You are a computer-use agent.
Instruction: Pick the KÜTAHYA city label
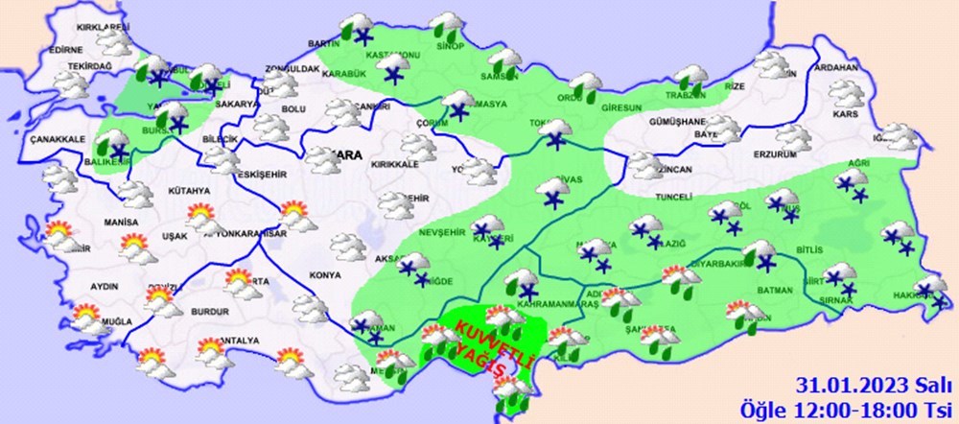(188, 191)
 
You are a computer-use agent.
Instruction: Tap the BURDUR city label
(207, 312)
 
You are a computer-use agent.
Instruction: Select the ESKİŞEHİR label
(257, 176)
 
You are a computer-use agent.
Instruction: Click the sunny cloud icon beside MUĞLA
(85, 317)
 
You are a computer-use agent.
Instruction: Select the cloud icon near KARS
(845, 93)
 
